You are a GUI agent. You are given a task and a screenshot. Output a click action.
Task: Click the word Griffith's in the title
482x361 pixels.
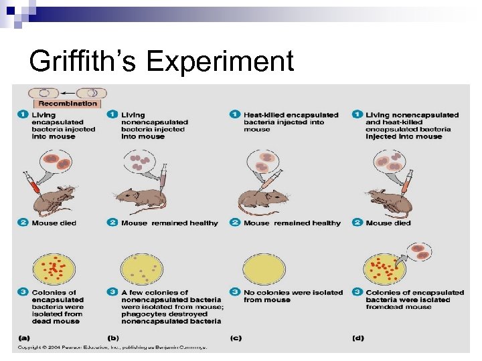[x=83, y=62]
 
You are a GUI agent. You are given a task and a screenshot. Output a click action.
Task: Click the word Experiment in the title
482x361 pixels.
[x=220, y=62]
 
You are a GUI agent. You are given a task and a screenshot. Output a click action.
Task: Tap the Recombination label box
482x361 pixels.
[x=68, y=104]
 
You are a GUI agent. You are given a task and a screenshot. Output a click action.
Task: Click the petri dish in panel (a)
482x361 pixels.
[x=50, y=267]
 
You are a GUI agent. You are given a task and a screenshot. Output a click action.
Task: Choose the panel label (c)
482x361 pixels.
[x=235, y=338]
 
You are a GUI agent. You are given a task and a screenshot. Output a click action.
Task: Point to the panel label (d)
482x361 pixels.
[x=357, y=338]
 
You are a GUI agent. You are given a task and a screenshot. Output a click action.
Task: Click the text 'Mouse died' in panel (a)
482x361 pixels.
[x=54, y=223]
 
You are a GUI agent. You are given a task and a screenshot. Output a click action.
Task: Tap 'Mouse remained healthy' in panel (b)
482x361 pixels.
[x=169, y=223]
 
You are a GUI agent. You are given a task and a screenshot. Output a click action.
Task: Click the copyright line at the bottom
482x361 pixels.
[x=112, y=347]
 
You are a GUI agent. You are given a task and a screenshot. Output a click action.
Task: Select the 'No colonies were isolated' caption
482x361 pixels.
[x=293, y=292]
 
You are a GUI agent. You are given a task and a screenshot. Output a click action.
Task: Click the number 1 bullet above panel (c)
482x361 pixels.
[x=235, y=115]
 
